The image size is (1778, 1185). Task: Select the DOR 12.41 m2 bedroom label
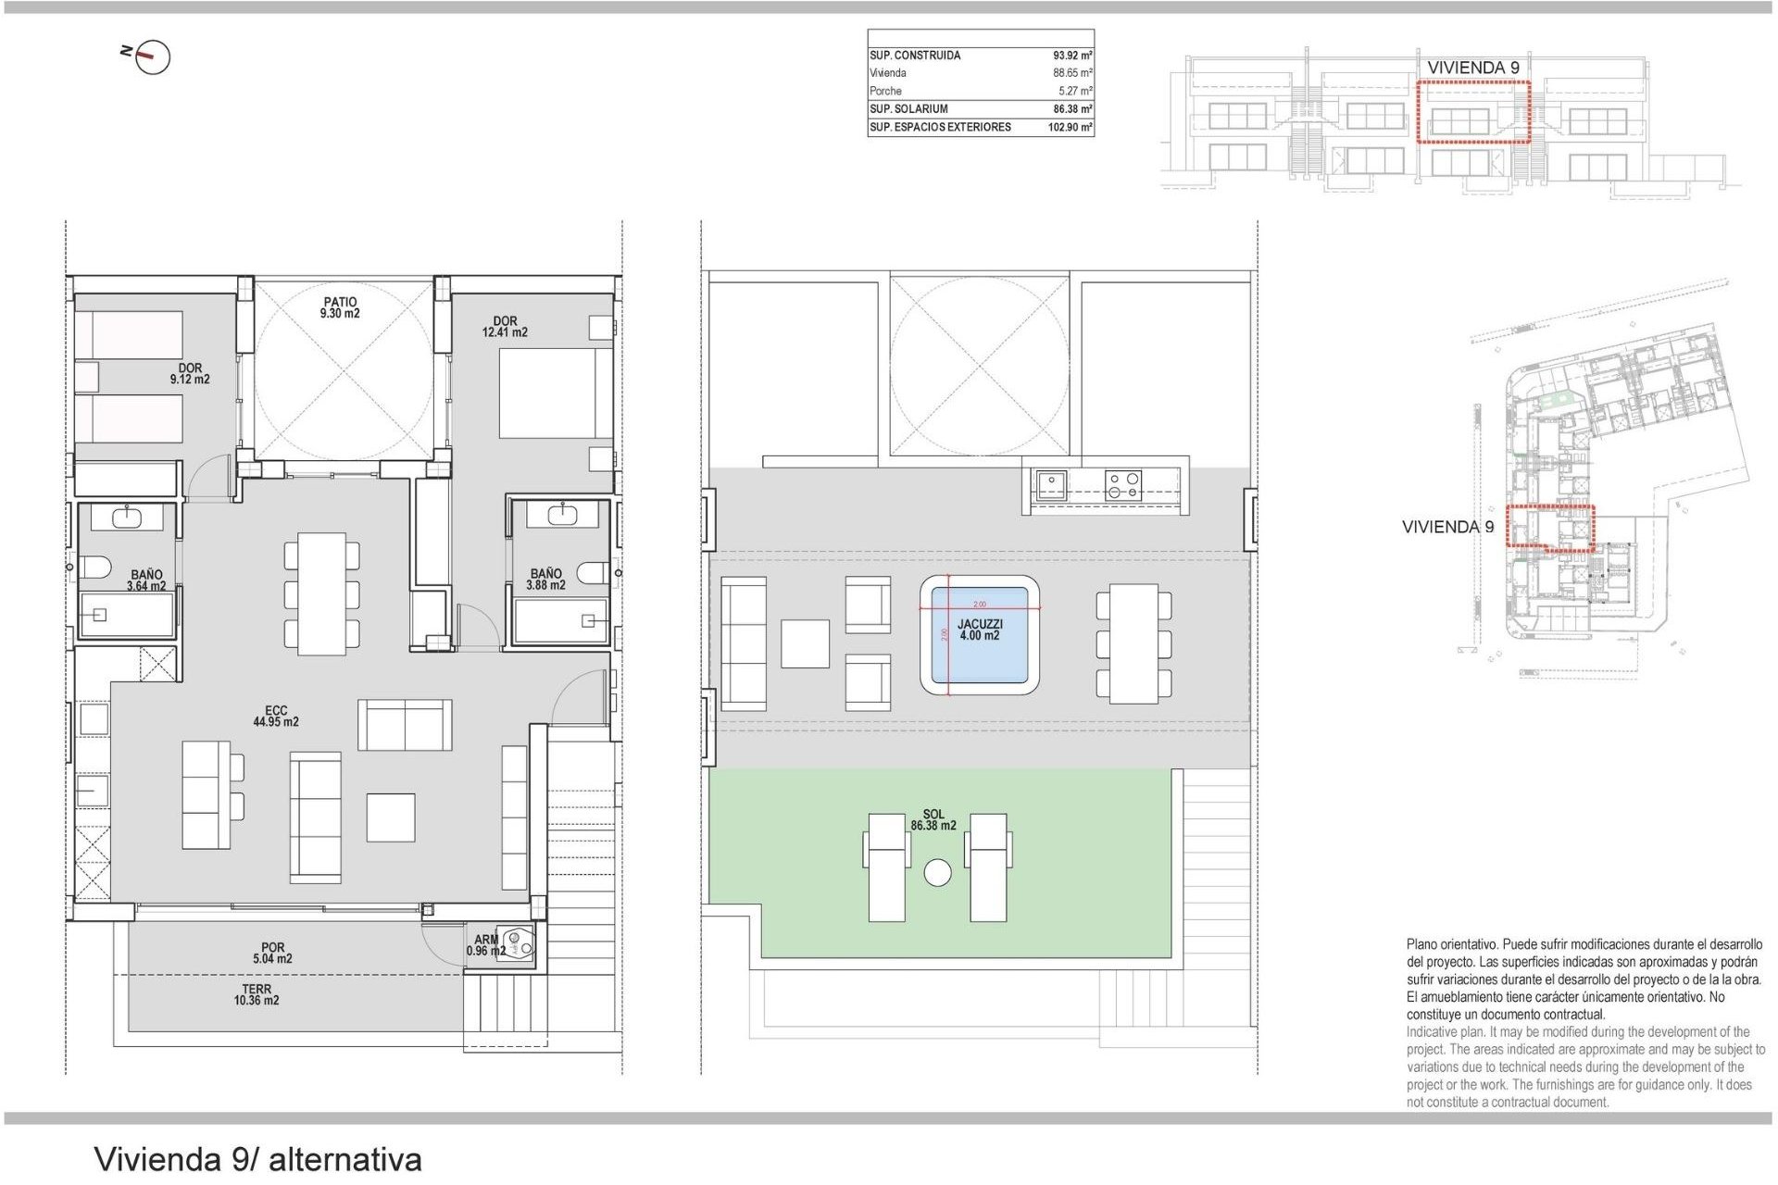[505, 327]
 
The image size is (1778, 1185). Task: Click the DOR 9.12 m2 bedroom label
[190, 374]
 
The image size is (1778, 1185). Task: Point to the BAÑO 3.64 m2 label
[146, 580]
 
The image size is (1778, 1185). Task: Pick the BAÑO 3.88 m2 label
[545, 580]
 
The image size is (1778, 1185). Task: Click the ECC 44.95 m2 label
[276, 717]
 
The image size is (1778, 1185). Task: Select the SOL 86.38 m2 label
[933, 820]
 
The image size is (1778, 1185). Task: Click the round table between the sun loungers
[937, 873]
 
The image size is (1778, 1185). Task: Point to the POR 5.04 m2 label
[272, 954]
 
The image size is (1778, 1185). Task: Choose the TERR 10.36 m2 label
[257, 995]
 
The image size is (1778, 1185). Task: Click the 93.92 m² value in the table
[1072, 56]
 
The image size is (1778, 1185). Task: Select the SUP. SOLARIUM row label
[908, 109]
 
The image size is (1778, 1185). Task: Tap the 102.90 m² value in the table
[1070, 128]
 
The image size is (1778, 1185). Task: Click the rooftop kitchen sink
[1051, 485]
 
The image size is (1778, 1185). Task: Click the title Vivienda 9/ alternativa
[257, 1159]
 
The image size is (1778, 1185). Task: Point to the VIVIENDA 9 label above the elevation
[1472, 68]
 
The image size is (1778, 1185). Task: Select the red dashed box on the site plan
[1550, 528]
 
